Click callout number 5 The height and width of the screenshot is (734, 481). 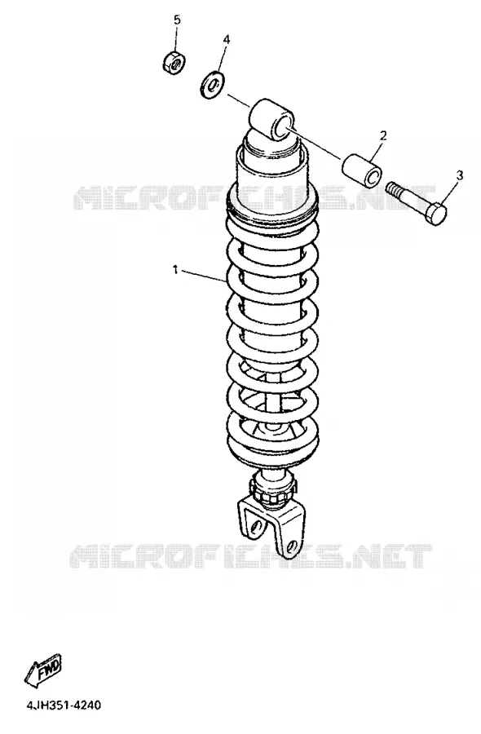click(177, 20)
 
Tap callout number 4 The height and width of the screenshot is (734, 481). click(227, 39)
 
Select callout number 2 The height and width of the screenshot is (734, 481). click(383, 135)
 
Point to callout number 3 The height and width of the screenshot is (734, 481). click(460, 175)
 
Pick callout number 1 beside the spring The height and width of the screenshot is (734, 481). click(175, 270)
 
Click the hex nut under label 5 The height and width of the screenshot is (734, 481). click(175, 62)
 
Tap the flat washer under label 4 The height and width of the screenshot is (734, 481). click(212, 85)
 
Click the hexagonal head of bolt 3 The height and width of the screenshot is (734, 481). click(436, 214)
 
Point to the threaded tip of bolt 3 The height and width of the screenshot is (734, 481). click(392, 189)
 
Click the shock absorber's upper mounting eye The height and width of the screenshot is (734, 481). click(271, 120)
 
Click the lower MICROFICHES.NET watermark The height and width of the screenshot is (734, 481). click(251, 555)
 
